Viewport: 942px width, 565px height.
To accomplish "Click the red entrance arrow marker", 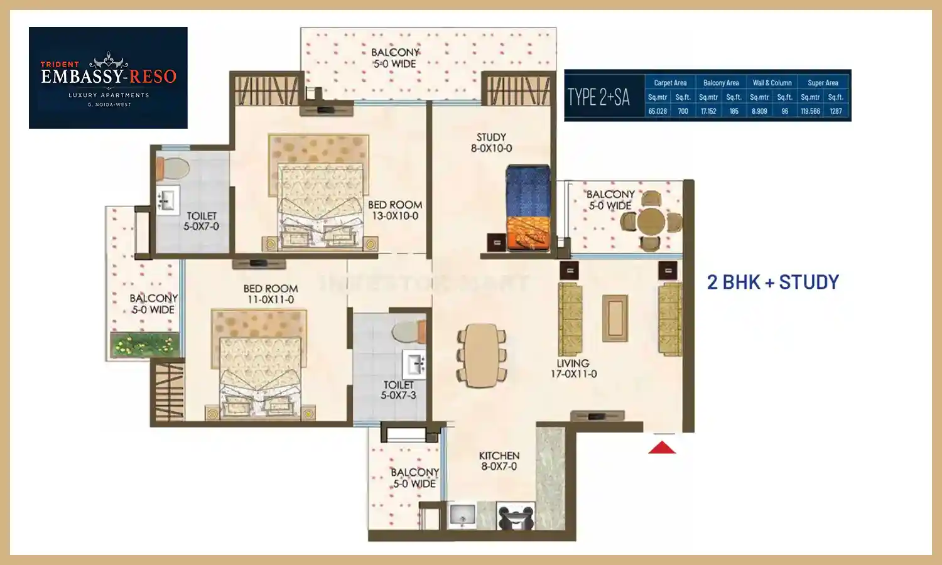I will (x=662, y=447).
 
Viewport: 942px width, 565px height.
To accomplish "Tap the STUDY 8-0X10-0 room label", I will (x=491, y=143).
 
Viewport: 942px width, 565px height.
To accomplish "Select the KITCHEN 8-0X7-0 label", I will (x=499, y=461).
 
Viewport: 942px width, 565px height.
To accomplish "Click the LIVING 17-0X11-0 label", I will (x=573, y=369).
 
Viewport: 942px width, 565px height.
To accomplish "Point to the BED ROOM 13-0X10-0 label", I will (x=395, y=210).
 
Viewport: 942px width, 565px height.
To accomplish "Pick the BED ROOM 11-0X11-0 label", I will (x=271, y=294).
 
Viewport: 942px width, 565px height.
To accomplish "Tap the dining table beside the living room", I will (x=482, y=354).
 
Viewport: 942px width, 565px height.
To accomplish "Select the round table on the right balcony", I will (x=651, y=221).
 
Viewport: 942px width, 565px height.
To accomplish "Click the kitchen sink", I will (x=463, y=515).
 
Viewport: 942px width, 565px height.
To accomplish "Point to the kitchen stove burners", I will (x=516, y=517).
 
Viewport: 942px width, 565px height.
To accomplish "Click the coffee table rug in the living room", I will (x=615, y=318).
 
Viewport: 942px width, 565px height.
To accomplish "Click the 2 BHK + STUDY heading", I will (x=772, y=282).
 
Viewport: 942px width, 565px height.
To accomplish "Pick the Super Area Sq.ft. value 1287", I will (x=835, y=111).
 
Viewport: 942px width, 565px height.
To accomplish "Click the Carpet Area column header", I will (x=670, y=83).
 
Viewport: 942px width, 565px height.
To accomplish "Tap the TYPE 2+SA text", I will (x=598, y=97).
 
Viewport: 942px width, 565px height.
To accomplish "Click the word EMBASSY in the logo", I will (x=82, y=77).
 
